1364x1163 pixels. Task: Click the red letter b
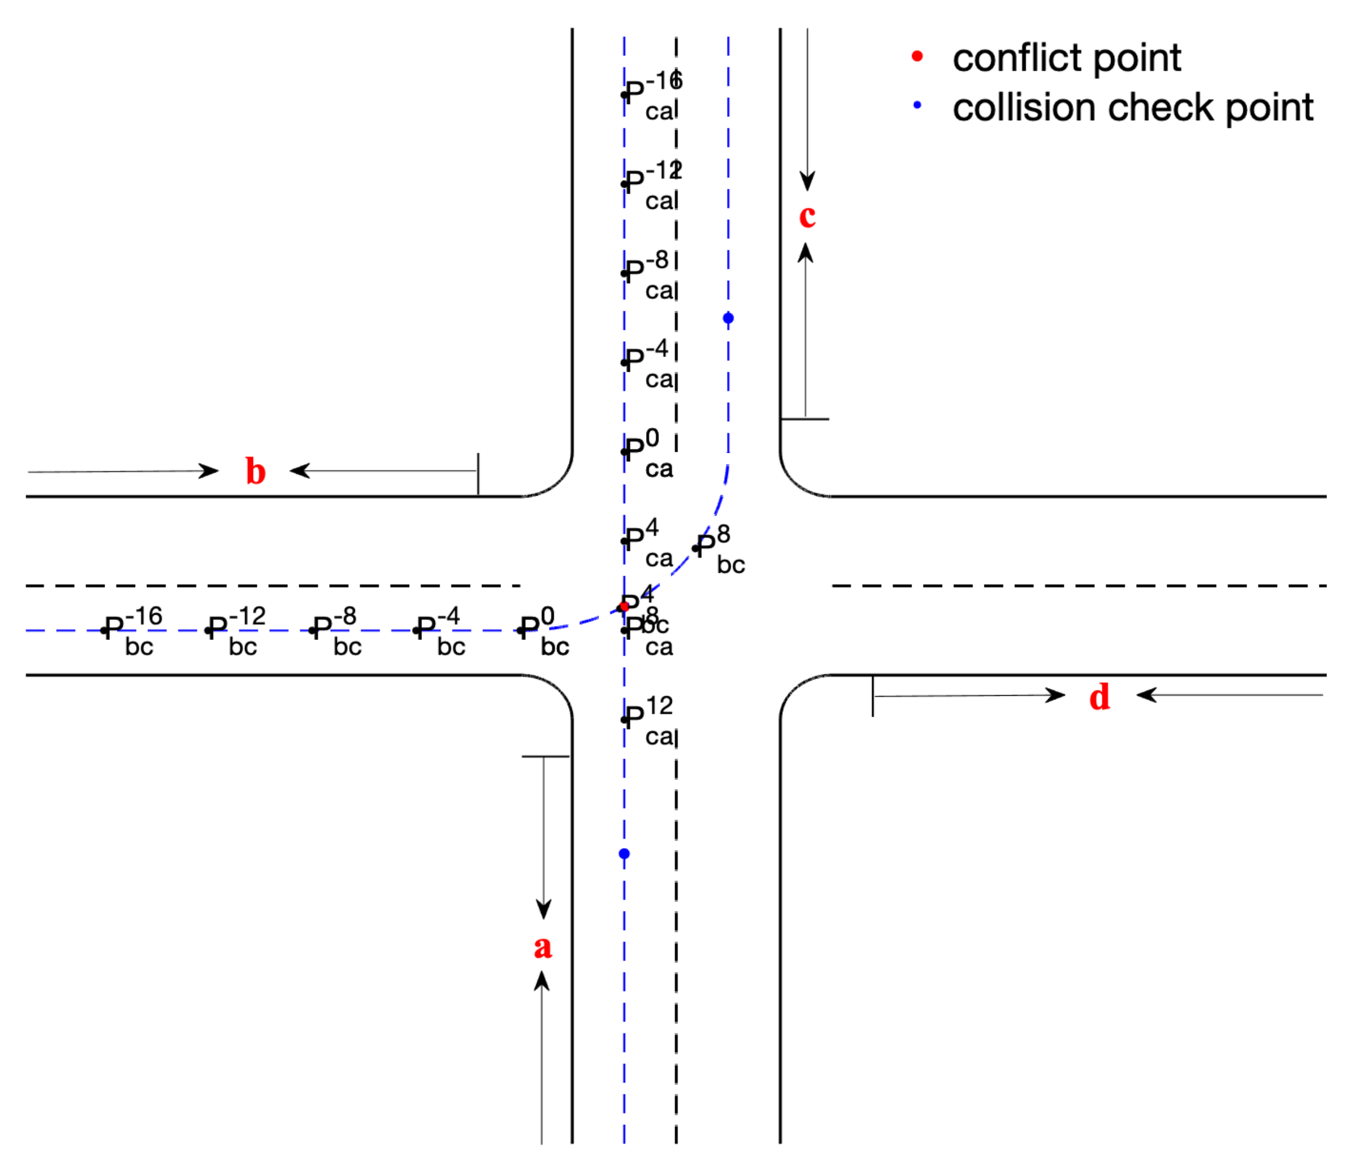click(x=255, y=472)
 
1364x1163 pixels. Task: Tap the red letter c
click(x=807, y=216)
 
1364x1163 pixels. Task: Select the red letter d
click(x=1099, y=697)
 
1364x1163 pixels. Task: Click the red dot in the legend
click(x=917, y=57)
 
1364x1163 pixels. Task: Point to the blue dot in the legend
click(x=917, y=105)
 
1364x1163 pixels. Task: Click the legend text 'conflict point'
click(x=1066, y=58)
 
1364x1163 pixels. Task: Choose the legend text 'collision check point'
click(x=1132, y=107)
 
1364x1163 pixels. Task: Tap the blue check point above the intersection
click(x=728, y=318)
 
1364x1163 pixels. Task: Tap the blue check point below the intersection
click(x=624, y=854)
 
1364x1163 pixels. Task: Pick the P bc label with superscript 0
click(x=544, y=631)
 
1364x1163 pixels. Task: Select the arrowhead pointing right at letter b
click(x=209, y=471)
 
